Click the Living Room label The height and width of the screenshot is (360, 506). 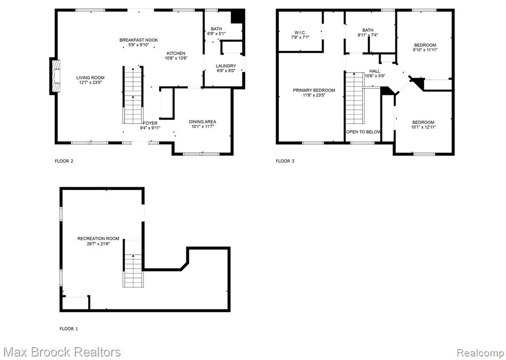[90, 78]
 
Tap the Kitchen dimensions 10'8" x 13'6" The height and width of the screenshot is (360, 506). [176, 58]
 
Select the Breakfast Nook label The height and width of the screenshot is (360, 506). [139, 40]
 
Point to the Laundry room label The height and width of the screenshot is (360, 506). [226, 66]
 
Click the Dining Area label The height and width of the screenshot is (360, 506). [202, 121]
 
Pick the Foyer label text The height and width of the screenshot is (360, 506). [150, 123]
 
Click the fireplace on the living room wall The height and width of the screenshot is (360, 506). [54, 77]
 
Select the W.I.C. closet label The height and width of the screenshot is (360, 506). [300, 32]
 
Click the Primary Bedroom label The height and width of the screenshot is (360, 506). [314, 90]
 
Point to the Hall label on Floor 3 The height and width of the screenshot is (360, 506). [375, 71]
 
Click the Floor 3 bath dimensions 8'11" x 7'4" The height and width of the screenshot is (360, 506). [368, 35]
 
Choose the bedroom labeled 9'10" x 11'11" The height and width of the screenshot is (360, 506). [425, 47]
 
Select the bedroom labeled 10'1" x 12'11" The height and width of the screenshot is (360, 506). [423, 124]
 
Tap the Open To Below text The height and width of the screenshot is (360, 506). [363, 132]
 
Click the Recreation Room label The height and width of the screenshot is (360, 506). [98, 239]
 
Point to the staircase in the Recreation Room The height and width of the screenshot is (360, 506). [133, 263]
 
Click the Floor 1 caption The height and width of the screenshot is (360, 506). [69, 329]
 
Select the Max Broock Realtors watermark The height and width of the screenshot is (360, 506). [63, 352]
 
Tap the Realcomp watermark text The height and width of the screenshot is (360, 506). [480, 352]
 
